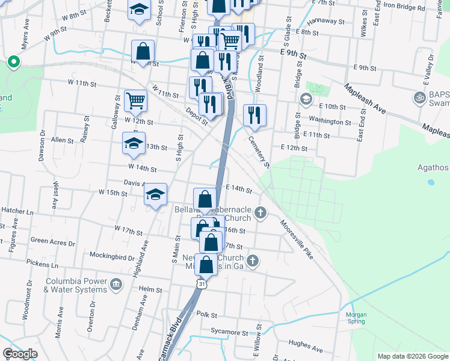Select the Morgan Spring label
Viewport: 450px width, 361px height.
(x=356, y=317)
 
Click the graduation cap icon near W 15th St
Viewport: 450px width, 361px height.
(x=156, y=194)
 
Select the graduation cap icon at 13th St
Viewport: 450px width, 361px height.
(x=134, y=144)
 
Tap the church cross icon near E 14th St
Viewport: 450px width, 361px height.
(x=260, y=212)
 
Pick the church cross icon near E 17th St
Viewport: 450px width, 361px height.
(x=253, y=261)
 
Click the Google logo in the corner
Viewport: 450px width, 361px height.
(x=20, y=354)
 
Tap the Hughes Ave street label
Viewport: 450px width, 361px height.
(x=306, y=344)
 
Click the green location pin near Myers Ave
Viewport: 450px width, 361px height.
(x=12, y=61)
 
